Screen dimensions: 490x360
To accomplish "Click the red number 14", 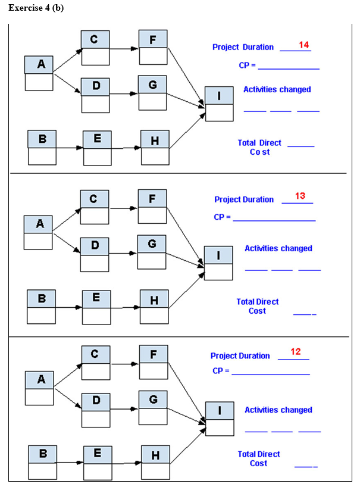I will coord(303,45).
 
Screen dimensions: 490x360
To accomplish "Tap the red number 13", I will coord(300,196).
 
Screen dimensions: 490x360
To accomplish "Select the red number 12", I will coord(296,351).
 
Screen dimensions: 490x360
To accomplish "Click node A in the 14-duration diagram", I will coord(39,73).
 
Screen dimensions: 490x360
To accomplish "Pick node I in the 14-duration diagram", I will coord(219,104).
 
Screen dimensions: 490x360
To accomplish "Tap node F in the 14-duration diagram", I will coord(153,47).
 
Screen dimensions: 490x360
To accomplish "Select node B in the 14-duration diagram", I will coord(42,146).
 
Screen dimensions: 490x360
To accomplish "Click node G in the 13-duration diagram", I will coord(152,252).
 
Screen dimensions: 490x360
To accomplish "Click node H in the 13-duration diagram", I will coord(154,307).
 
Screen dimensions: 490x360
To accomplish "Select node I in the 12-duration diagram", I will coord(220,419).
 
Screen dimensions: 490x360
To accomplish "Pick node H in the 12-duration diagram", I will coord(155,463).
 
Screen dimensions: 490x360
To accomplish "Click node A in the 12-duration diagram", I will coord(39,388).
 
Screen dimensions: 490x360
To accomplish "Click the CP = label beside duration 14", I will coord(247,65).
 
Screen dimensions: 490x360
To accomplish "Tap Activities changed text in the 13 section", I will coord(278,248).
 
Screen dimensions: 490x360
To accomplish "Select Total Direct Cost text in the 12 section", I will coord(258,458).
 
